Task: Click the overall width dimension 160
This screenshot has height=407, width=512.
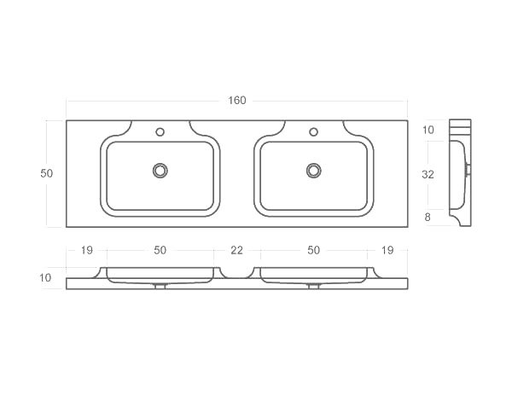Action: pos(236,101)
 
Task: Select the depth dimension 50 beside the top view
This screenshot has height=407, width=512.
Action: pos(47,173)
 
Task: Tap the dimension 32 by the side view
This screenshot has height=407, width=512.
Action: pos(428,174)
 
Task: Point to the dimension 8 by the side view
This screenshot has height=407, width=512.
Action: pos(428,218)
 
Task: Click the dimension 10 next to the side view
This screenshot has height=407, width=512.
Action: pos(428,130)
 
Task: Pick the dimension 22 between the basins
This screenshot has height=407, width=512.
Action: pos(236,250)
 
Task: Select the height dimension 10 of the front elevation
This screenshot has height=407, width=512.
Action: pos(45,277)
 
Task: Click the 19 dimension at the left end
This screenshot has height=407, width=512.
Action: pos(86,250)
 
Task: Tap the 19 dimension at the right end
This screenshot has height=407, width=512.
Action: pos(388,250)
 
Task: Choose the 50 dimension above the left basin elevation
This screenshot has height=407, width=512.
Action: pos(160,250)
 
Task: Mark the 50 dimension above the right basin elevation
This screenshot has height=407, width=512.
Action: pos(313,250)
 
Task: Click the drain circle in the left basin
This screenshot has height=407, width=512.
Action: pos(160,171)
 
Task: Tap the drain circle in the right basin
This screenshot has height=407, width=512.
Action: pos(313,171)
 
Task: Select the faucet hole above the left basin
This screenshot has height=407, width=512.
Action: pos(160,132)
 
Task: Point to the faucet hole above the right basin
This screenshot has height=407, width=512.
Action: pos(313,132)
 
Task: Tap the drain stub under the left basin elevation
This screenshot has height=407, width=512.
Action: pos(160,286)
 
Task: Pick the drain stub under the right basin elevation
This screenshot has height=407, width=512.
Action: pos(313,286)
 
